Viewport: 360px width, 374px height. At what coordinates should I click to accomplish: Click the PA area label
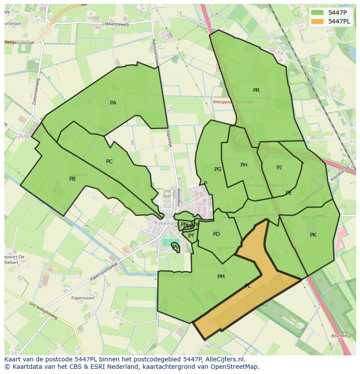click(113, 103)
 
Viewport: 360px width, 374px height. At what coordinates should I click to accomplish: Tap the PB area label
click(72, 179)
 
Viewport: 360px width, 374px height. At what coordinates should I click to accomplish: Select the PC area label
click(109, 162)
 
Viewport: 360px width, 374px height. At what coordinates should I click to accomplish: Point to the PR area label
click(256, 90)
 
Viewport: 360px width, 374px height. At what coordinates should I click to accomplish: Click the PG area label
click(218, 169)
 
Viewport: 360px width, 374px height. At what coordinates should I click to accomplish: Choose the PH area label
click(243, 165)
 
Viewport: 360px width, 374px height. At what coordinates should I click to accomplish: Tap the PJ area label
click(279, 168)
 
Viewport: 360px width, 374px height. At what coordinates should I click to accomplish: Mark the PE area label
click(289, 193)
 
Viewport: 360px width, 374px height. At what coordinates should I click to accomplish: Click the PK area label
click(313, 235)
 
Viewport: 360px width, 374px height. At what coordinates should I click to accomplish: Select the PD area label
click(216, 234)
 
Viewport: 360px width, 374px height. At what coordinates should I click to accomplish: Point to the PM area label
click(221, 277)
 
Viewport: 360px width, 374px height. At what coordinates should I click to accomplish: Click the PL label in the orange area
click(247, 286)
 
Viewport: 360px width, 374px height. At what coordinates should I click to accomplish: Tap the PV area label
click(175, 247)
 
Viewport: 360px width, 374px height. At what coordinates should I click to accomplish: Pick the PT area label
click(191, 236)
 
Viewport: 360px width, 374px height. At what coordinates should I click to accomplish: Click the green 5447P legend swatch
click(317, 13)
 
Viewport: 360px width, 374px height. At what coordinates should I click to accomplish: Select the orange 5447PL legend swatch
click(317, 21)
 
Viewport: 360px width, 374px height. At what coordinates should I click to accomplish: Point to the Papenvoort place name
click(71, 298)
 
